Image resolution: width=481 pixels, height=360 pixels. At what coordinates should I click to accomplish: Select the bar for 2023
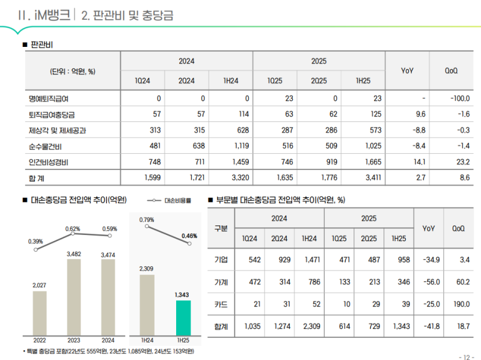[x=74, y=297]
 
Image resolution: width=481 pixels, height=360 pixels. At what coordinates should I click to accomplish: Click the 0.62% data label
[x=73, y=229]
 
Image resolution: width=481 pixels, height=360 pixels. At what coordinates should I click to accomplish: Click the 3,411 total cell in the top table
[x=363, y=177]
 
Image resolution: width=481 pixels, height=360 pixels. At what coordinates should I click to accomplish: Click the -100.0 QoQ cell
[x=459, y=99]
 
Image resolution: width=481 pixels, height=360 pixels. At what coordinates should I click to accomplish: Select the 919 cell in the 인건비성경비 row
[x=319, y=162]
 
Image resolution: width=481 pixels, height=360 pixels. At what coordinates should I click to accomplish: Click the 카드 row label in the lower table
[x=221, y=304]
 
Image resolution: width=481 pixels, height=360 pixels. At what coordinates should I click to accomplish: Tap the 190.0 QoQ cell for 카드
[x=461, y=304]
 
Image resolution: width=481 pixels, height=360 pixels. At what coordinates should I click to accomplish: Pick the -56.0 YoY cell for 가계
[x=428, y=282]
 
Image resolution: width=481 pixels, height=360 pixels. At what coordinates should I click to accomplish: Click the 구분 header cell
[x=221, y=228]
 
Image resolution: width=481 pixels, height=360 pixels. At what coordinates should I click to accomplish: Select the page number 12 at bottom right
[x=466, y=356]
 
